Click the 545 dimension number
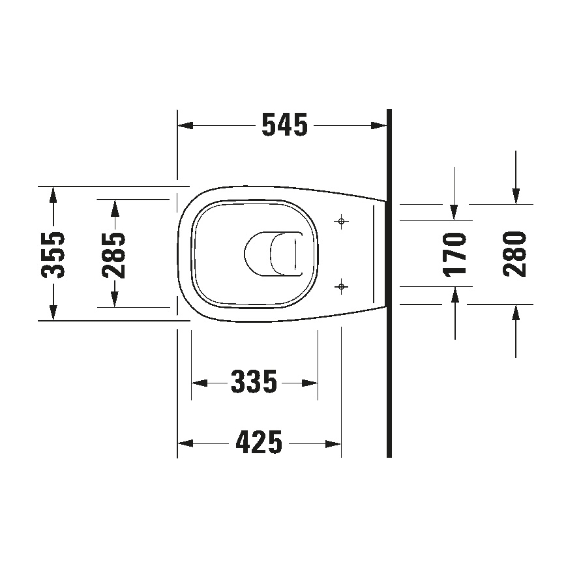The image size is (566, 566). (x=284, y=125)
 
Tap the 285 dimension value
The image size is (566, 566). (x=115, y=254)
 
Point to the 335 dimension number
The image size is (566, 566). (x=254, y=382)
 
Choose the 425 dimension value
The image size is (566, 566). (x=259, y=443)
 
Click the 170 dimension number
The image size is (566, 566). (x=454, y=254)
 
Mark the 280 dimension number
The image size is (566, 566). (x=515, y=254)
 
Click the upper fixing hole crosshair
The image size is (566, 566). (x=341, y=222)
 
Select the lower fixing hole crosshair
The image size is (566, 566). (x=341, y=286)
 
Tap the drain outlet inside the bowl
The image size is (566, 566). (x=274, y=253)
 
